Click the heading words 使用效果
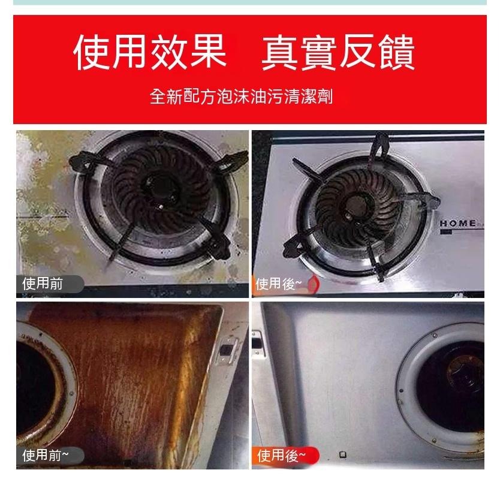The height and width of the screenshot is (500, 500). pos(150,53)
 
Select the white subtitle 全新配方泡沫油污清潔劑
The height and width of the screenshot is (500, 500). pos(241,96)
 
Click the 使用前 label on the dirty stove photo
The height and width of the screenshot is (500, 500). pos(43,283)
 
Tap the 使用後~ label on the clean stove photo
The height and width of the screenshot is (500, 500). pos(277,284)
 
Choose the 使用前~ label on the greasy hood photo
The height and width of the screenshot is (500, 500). pos(46,456)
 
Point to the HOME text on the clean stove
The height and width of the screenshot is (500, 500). pos(459,224)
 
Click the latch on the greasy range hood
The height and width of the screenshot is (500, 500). pos(226,353)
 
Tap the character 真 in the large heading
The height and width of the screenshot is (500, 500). pos(281,53)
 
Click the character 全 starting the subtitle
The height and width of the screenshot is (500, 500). pos(158,96)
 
